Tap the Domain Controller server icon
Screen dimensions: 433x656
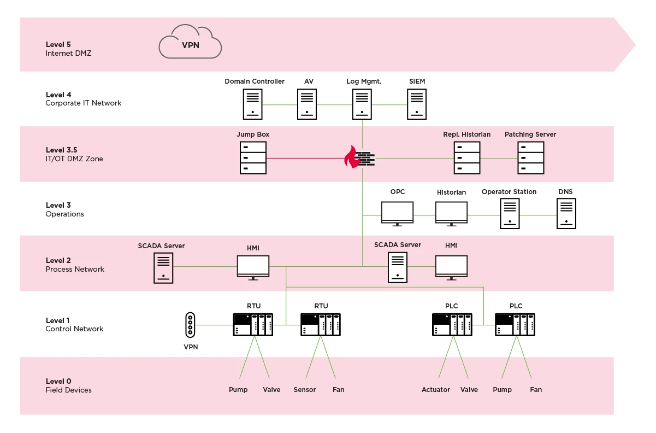(x=252, y=104)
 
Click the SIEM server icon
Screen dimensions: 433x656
(x=417, y=104)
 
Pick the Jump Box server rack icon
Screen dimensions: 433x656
(x=253, y=157)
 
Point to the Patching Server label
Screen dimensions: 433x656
(x=530, y=134)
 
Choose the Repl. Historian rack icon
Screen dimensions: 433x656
(x=466, y=157)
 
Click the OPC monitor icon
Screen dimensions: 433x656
(x=397, y=213)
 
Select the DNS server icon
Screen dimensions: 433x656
(x=566, y=213)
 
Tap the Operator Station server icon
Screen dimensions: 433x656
(x=509, y=213)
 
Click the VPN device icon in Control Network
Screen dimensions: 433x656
(x=190, y=324)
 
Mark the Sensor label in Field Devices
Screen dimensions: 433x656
(x=305, y=390)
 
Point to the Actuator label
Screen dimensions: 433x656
(x=436, y=390)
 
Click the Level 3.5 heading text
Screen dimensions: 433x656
(x=61, y=150)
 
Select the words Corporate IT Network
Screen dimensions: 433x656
(x=84, y=103)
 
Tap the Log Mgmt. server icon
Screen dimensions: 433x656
(x=361, y=104)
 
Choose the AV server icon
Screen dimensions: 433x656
(x=307, y=104)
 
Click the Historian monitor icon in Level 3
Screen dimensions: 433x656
(x=451, y=213)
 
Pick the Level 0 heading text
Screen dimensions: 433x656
(x=58, y=381)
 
